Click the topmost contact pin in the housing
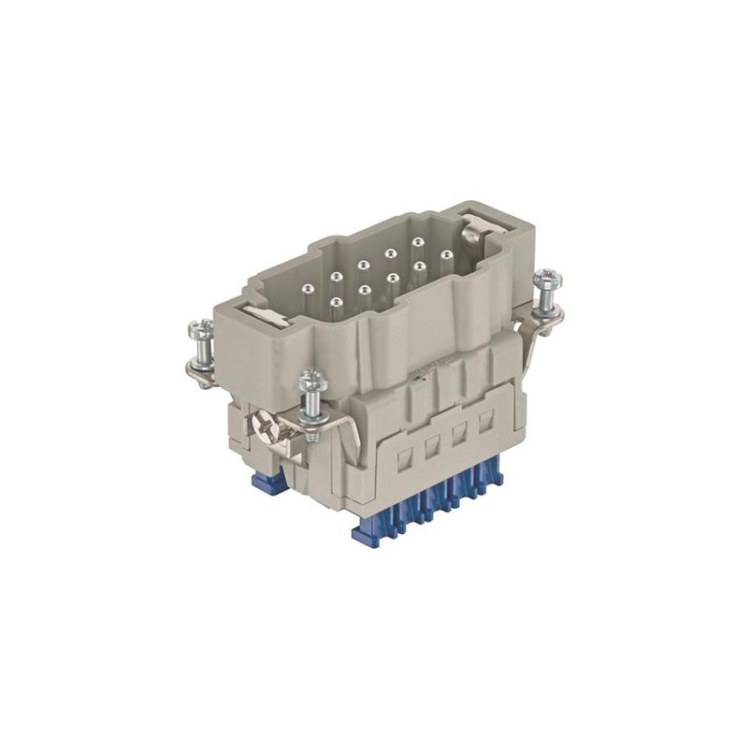415,242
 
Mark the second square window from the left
432,447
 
